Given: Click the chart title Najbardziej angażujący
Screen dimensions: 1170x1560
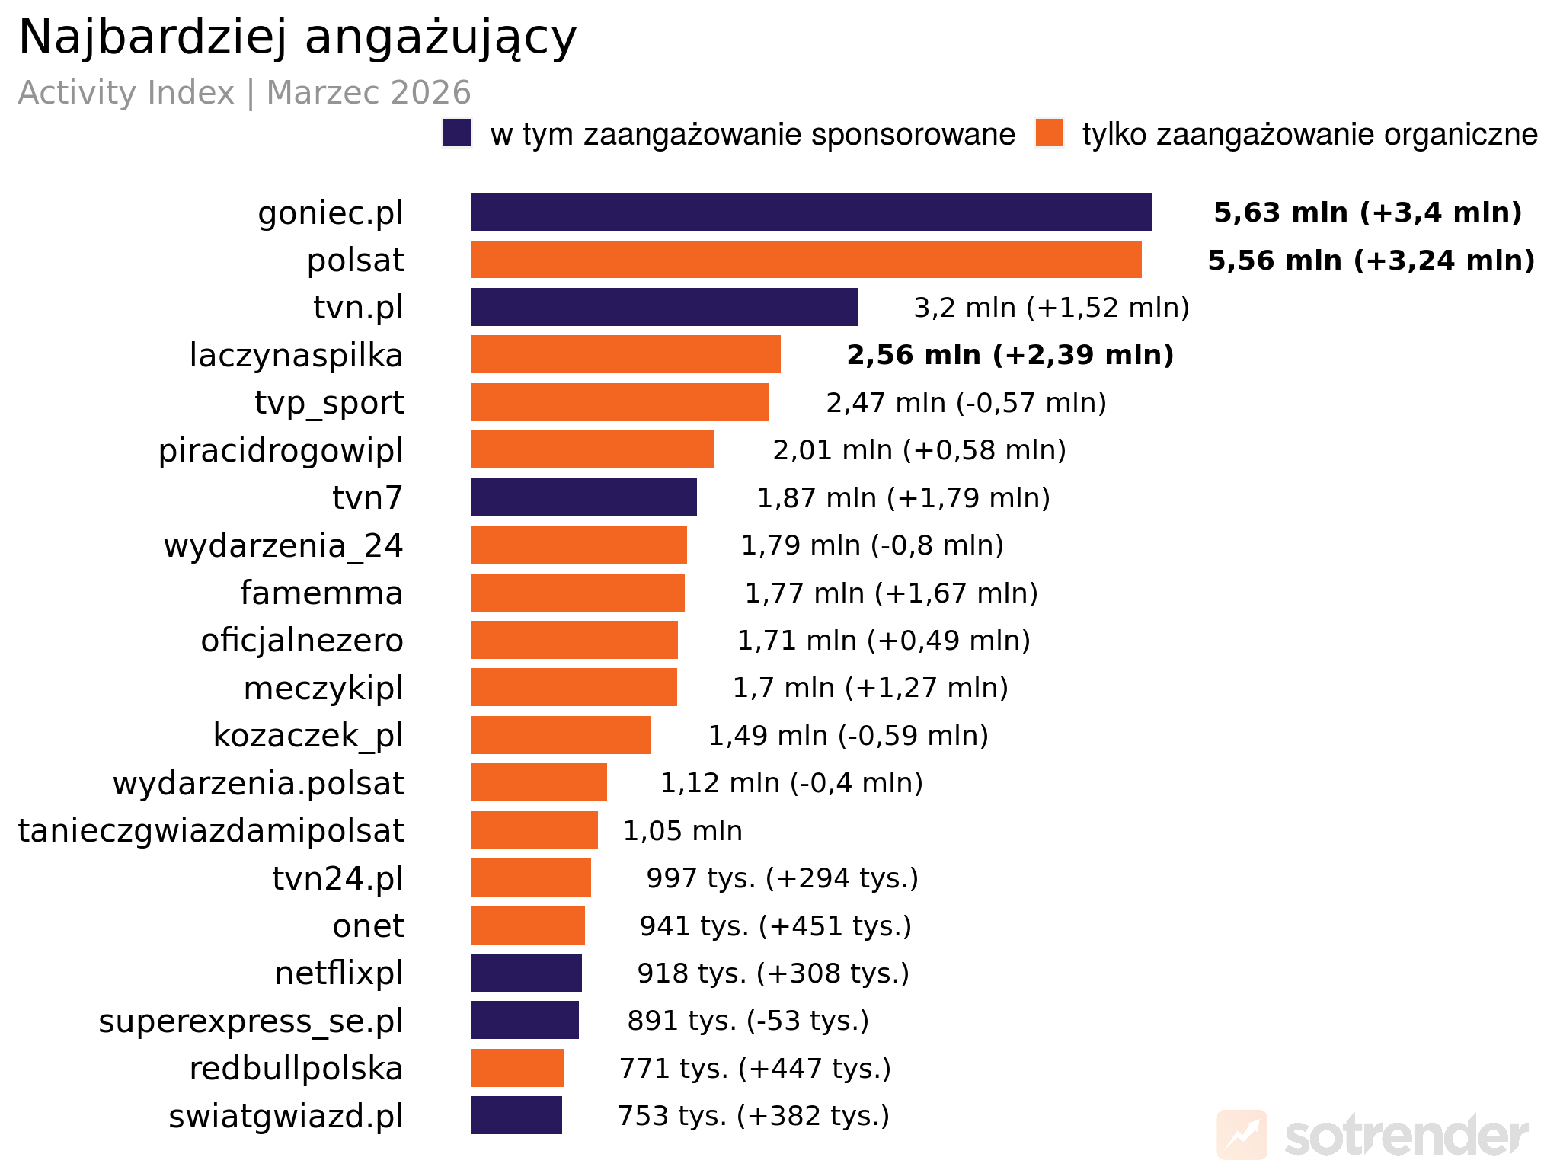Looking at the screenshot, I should [x=297, y=37].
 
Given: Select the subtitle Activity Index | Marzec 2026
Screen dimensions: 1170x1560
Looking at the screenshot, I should [x=245, y=93].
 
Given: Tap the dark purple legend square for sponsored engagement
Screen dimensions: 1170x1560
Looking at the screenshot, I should [x=457, y=133].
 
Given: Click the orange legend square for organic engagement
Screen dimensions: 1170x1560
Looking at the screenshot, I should [x=1049, y=133].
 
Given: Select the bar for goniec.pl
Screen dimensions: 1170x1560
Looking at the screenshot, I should [x=810, y=212].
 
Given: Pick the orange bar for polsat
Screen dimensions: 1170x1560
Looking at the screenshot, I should [x=806, y=260].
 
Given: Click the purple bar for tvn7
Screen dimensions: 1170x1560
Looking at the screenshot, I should [x=583, y=497].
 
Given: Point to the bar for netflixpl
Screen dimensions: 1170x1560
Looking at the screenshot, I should [x=526, y=973].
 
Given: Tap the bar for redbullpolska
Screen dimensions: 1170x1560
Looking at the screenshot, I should [x=517, y=1068].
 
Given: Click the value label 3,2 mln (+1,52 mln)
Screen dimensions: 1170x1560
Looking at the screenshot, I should [x=1051, y=308].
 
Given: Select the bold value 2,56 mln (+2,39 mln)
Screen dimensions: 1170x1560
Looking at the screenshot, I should [x=1010, y=355].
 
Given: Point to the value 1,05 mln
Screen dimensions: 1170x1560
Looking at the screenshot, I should [x=682, y=831].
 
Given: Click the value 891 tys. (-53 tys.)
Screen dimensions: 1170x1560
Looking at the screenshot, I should [x=748, y=1021].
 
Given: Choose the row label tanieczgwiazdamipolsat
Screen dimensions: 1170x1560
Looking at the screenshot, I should [x=211, y=831].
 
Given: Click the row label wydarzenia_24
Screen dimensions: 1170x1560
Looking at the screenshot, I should [x=283, y=545].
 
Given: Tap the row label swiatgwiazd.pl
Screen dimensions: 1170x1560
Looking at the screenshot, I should [x=286, y=1117].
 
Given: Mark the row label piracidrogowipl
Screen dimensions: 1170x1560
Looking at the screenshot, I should [x=280, y=450].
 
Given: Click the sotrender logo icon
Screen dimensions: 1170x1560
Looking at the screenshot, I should [x=1242, y=1135].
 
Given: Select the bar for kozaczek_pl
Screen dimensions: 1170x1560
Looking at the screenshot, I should [x=561, y=735].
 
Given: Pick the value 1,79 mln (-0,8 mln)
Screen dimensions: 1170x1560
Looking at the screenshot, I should [x=872, y=545].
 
